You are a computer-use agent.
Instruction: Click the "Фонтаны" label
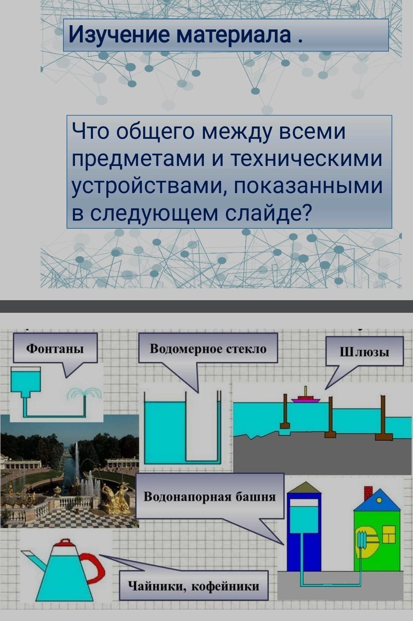point(55,348)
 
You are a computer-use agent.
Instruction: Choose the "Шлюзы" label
point(364,352)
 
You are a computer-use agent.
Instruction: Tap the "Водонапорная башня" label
point(210,497)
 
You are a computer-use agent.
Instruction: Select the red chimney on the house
point(368,492)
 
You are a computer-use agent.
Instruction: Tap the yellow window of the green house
point(389,534)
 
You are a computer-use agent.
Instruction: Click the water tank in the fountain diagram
point(26,379)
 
